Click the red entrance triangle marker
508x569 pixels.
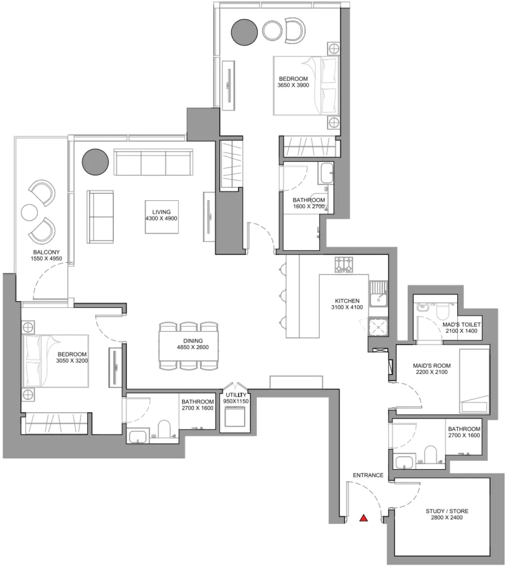tap(364, 518)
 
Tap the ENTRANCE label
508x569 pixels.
tap(368, 475)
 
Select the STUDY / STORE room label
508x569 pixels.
tap(447, 511)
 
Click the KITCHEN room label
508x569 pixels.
tap(347, 301)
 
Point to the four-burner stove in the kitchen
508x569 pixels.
tap(343, 264)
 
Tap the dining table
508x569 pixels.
tap(189, 346)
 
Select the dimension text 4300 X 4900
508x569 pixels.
tap(161, 218)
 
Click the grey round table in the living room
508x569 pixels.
tap(95, 162)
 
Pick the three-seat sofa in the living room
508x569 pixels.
tap(154, 162)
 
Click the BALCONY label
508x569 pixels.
tap(47, 252)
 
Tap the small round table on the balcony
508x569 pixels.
tap(29, 213)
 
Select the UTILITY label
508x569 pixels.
tap(236, 395)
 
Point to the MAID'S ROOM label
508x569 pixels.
tap(432, 366)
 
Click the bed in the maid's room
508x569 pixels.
tap(474, 381)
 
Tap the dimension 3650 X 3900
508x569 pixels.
tap(293, 85)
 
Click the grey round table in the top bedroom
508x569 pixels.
tap(245, 32)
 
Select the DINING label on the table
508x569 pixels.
tap(192, 341)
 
